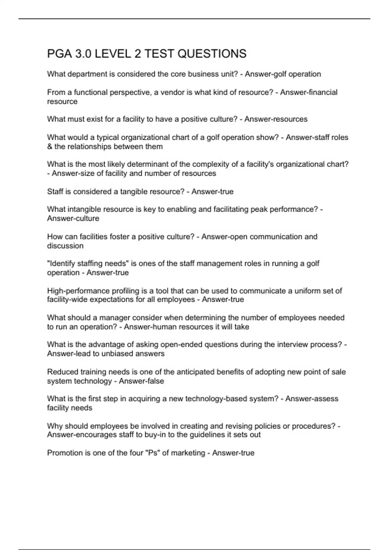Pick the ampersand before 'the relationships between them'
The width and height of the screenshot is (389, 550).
click(x=50, y=147)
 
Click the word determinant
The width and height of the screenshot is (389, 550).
click(x=146, y=164)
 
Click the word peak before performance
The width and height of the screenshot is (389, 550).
click(x=258, y=209)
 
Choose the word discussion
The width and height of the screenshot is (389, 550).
click(x=65, y=246)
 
